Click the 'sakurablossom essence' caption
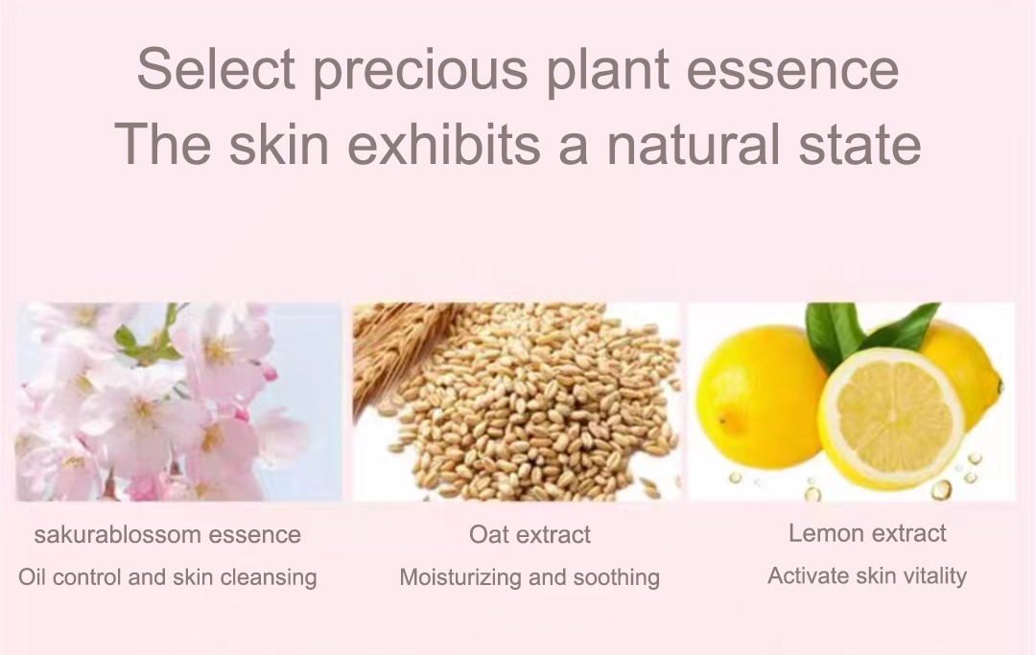pyautogui.click(x=168, y=535)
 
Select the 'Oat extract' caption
pyautogui.click(x=530, y=535)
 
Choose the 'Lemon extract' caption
pyautogui.click(x=867, y=533)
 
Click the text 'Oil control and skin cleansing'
pyautogui.click(x=168, y=577)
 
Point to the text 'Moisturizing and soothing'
pyautogui.click(x=530, y=577)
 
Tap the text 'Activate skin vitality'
pyautogui.click(x=867, y=576)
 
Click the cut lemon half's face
pyautogui.click(x=891, y=417)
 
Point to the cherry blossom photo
pyautogui.click(x=178, y=402)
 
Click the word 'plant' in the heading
pyautogui.click(x=608, y=71)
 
